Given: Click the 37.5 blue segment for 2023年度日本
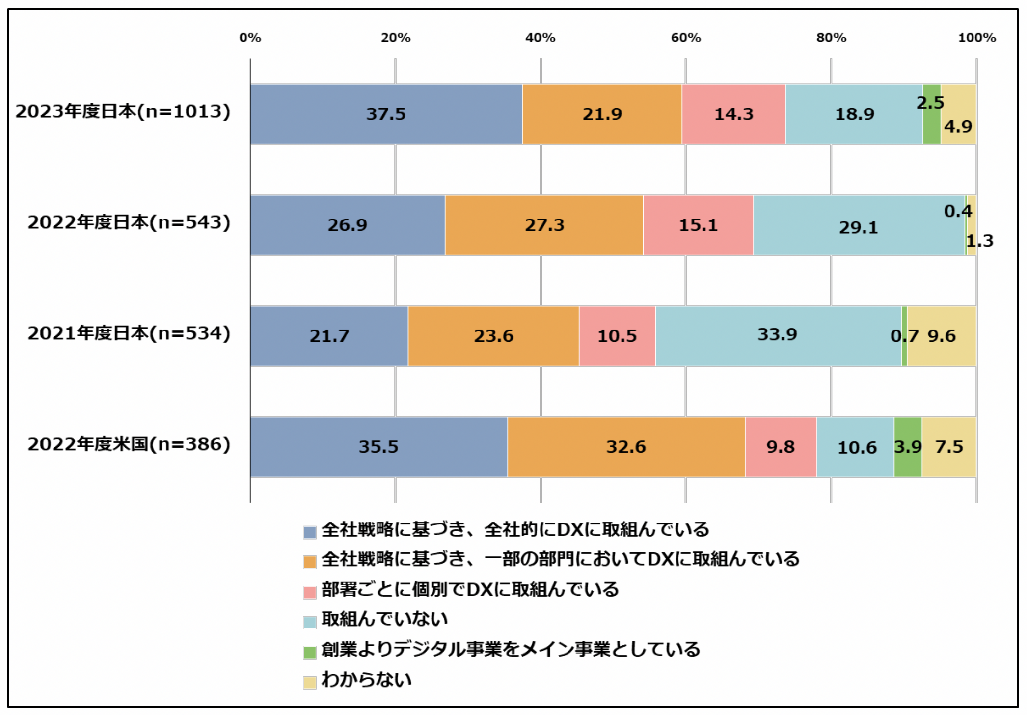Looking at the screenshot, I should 386,114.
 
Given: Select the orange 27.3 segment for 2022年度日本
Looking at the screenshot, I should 544,225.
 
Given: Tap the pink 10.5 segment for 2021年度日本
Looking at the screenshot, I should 617,336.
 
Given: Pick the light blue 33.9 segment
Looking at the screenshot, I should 778,336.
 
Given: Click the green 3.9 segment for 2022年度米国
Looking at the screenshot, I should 908,447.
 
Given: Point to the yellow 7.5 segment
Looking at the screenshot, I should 949,447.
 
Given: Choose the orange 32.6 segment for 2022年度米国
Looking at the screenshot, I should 626,447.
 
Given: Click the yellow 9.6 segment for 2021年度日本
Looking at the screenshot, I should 942,336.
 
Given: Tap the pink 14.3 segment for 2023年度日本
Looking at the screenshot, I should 733,114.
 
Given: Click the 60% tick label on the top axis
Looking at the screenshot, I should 686,38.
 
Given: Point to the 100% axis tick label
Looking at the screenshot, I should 977,38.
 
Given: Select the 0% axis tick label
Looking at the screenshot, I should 250,38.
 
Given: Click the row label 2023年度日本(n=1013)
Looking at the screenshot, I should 123,111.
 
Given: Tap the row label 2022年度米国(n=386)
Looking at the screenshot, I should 129,444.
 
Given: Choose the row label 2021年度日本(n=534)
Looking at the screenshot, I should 129,333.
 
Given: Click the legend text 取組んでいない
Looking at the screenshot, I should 385,619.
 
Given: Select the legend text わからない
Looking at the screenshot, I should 367,680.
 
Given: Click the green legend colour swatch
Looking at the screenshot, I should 310,652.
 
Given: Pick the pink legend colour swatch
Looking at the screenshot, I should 310,592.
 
